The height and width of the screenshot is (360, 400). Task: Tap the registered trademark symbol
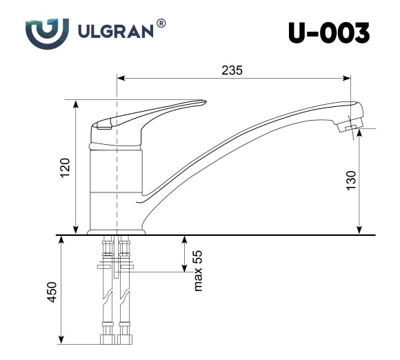click(x=161, y=23)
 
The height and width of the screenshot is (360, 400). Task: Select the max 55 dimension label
click(x=197, y=270)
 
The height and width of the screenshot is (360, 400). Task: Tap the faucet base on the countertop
click(x=117, y=230)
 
